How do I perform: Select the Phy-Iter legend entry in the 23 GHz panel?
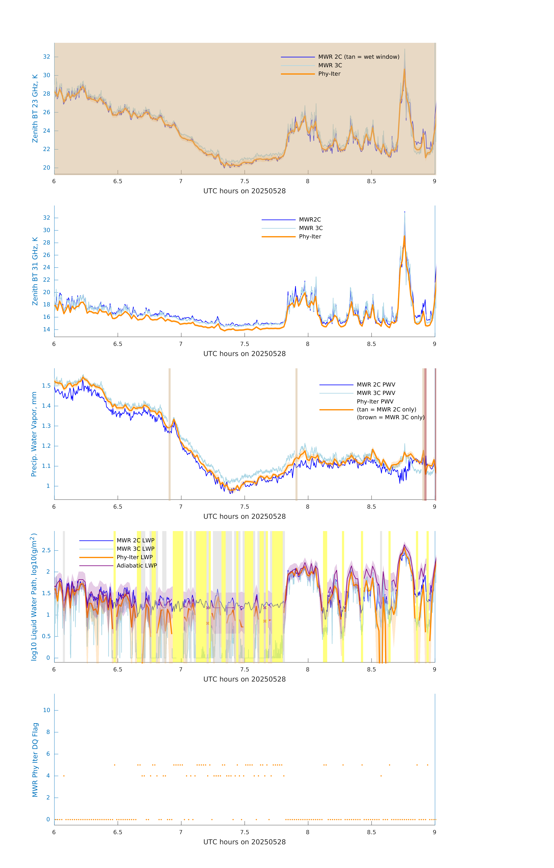(329, 74)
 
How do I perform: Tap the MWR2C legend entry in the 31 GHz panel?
(310, 219)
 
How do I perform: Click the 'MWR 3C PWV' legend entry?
(376, 393)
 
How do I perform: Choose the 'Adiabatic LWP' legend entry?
(136, 566)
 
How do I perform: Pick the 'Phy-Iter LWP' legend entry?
(134, 557)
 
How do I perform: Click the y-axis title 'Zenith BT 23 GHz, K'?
(35, 108)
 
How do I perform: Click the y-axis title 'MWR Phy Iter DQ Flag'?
(35, 760)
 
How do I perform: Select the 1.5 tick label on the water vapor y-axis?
(46, 386)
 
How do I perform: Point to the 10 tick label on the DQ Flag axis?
(46, 710)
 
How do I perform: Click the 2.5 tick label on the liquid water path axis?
(46, 550)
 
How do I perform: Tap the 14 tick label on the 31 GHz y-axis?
(46, 329)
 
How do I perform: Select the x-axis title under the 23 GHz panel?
(244, 191)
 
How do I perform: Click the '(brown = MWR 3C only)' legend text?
(390, 417)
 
